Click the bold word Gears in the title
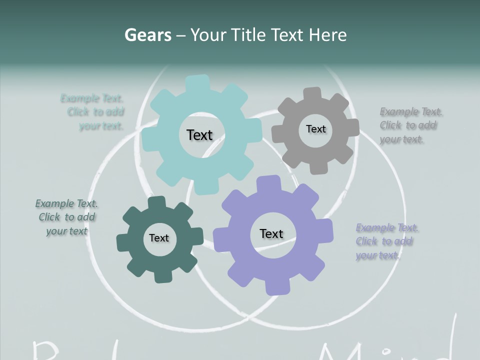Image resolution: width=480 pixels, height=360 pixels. [148, 35]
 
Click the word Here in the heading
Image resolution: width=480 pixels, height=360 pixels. [327, 35]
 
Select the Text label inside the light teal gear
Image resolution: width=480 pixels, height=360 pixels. [199, 135]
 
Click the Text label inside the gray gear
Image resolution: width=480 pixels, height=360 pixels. [315, 129]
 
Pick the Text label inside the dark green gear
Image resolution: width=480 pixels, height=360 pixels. [159, 238]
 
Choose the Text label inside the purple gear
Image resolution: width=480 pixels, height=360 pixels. [271, 233]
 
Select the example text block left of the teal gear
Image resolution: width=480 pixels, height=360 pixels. [95, 112]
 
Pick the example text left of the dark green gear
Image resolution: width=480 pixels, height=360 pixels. [67, 217]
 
